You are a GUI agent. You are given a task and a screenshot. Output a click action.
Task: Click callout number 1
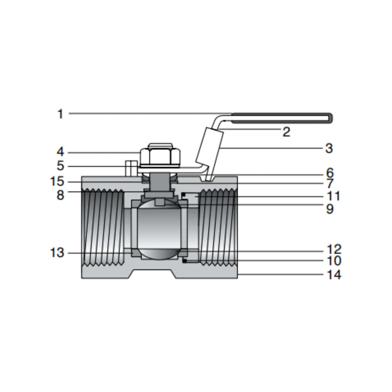60,114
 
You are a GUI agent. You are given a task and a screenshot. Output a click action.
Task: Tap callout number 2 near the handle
286,132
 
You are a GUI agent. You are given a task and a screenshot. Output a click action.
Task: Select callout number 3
328,149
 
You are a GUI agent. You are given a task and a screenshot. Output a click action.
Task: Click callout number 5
60,167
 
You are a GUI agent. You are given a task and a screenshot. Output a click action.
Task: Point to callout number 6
329,173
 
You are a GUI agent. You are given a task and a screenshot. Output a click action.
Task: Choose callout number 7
329,184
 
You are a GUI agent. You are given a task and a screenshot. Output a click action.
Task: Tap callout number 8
60,195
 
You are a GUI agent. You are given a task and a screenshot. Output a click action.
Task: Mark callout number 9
329,209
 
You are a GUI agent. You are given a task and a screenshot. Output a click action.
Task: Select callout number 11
333,196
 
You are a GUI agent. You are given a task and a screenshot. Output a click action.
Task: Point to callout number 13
57,253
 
